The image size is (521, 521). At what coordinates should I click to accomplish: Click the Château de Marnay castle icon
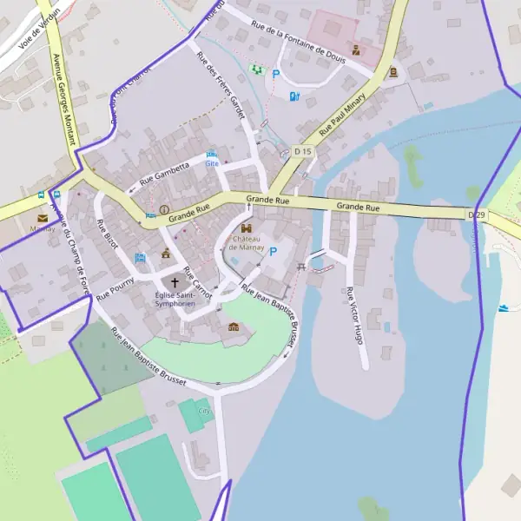[x=246, y=228]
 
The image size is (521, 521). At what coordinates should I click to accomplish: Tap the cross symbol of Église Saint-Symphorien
[x=175, y=282]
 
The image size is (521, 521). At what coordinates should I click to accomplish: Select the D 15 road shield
[x=302, y=151]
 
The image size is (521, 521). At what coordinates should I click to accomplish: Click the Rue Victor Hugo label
[x=353, y=315]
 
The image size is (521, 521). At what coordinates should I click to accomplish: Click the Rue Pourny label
[x=115, y=287]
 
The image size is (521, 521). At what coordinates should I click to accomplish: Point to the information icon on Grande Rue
[x=164, y=209]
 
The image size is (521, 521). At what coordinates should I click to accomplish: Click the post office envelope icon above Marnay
[x=42, y=218]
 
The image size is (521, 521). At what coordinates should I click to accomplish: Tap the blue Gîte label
[x=212, y=162]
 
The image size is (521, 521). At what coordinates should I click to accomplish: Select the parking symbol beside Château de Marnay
[x=274, y=252]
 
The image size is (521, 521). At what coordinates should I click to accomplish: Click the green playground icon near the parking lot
[x=256, y=69]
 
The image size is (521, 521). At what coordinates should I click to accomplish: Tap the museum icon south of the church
[x=233, y=327]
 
